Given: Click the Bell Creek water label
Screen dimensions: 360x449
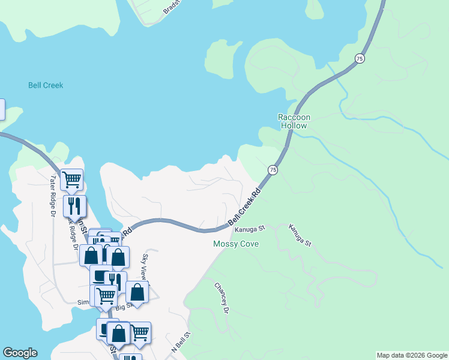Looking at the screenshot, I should point(46,85).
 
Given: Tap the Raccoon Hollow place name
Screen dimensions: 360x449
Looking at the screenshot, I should point(292,122).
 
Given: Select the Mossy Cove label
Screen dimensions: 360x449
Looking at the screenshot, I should point(236,244).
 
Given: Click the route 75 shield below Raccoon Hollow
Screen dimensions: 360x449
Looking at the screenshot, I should point(273,170).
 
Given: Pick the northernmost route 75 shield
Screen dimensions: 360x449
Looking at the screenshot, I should point(359,58).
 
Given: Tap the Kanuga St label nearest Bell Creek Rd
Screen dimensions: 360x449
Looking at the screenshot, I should point(250,229).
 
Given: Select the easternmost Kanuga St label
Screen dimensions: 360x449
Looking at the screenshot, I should point(300,235).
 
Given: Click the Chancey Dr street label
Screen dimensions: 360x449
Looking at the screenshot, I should point(221,298).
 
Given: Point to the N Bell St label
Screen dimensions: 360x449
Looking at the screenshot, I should point(181,342).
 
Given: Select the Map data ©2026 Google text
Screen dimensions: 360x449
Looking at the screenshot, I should point(412,355).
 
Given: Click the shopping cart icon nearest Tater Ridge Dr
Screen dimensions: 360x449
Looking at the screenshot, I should point(71,178).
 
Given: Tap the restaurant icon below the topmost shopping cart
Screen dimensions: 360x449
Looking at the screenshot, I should point(74,205).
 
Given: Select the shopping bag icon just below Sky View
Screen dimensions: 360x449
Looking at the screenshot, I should point(137,292).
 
